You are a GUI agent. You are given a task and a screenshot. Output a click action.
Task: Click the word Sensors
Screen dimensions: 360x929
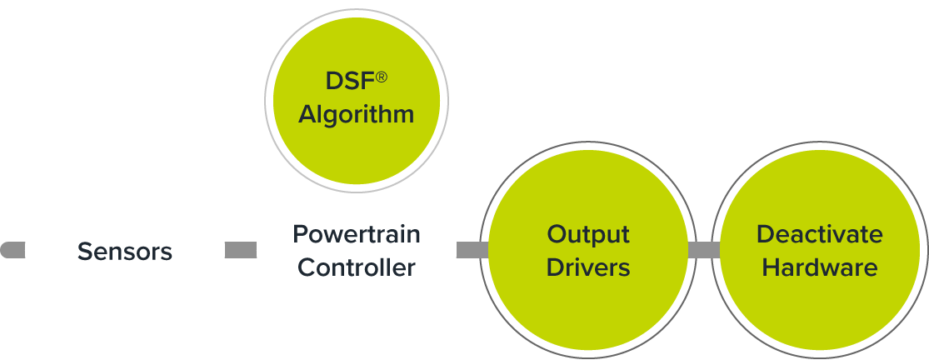(125, 251)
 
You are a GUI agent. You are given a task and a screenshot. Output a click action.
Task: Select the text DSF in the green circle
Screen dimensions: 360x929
(344, 82)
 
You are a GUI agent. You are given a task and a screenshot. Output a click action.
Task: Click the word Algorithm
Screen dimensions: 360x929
(357, 114)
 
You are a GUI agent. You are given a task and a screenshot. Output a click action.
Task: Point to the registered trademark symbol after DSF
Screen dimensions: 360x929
(381, 77)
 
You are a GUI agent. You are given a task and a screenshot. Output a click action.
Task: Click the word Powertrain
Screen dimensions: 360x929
(357, 234)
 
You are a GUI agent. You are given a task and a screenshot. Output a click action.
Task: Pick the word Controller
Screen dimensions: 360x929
(357, 267)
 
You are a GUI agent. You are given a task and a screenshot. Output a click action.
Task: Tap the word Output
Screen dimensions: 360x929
(588, 234)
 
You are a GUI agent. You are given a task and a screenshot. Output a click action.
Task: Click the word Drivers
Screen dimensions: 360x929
(588, 267)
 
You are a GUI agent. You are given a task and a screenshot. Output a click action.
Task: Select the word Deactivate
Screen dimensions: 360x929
(820, 234)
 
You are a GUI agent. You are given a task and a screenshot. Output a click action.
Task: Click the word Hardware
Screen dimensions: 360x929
(820, 267)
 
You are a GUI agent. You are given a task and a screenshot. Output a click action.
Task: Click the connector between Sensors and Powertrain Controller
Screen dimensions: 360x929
(241, 250)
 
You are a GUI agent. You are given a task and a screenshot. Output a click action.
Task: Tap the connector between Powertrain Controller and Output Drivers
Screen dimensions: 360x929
(472, 250)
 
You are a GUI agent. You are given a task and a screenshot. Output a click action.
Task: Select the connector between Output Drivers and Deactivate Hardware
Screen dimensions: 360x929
(703, 250)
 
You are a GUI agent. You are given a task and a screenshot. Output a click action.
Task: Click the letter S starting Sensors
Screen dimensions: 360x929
(84, 251)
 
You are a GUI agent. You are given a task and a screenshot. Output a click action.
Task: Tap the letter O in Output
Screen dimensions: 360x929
(557, 234)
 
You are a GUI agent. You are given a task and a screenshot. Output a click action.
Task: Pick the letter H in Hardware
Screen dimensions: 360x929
(771, 267)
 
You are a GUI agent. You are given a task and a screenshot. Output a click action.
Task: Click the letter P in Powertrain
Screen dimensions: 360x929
(299, 234)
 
